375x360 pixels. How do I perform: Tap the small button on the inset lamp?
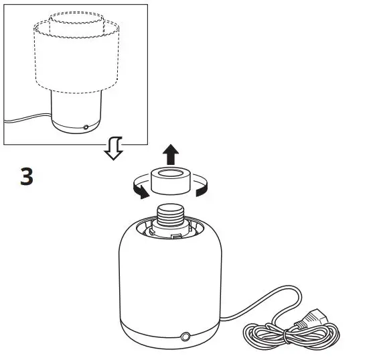coord(85,126)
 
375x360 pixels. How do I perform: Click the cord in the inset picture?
coord(27,121)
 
